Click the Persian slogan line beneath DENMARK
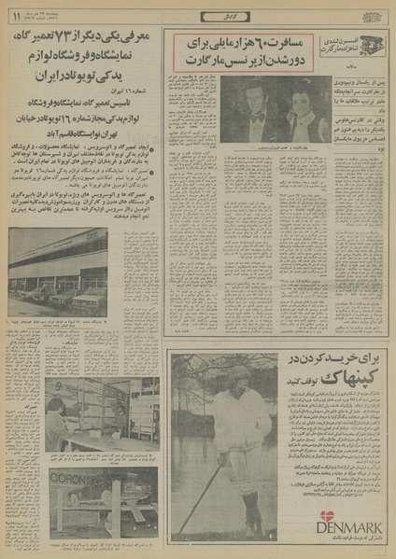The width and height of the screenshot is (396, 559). pos(346,538)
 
